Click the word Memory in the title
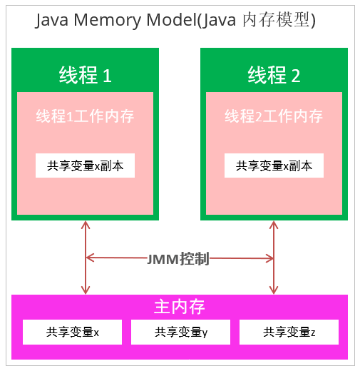point(108,21)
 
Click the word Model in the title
point(171,19)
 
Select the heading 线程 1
point(86,75)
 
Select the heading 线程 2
point(274,75)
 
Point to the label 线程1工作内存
point(85,116)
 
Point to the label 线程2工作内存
point(274,116)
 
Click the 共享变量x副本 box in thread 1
point(85,166)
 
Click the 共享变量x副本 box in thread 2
point(274,166)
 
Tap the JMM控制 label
point(178,258)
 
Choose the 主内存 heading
point(180,307)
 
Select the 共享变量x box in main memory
point(72,332)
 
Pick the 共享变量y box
point(180,332)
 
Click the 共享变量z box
point(289,332)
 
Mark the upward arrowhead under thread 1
point(86,225)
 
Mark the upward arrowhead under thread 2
point(274,225)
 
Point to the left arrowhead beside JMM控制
point(90,258)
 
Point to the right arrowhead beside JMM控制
point(269,258)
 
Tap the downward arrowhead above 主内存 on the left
point(86,290)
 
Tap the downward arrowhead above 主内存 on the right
point(274,290)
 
